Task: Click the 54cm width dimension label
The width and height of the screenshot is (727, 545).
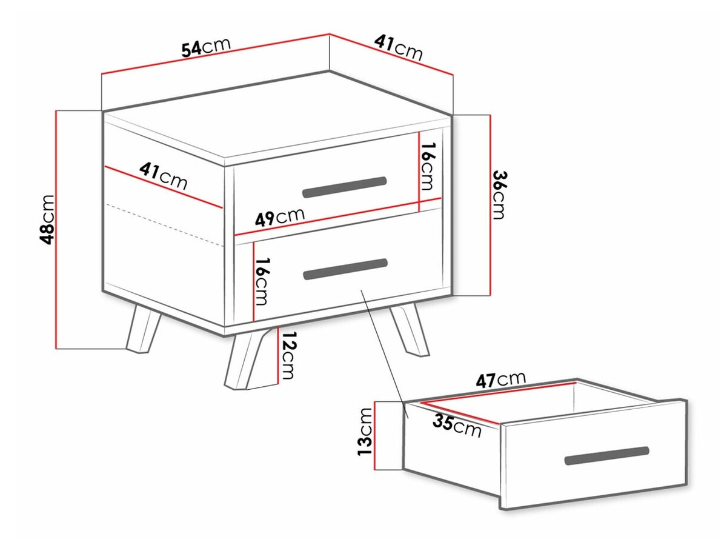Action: [x=205, y=47]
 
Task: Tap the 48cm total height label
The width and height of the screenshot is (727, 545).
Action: [x=47, y=220]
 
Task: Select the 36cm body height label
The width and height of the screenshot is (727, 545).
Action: [x=499, y=195]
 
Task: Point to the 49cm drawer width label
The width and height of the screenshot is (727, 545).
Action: [x=279, y=216]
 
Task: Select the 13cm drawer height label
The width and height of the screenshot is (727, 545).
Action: [x=365, y=432]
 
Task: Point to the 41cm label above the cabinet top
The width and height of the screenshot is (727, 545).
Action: [x=399, y=48]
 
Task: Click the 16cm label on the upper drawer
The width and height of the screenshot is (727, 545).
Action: [x=427, y=166]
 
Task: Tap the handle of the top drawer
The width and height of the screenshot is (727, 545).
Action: [x=345, y=187]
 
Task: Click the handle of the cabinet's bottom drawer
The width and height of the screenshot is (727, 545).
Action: [x=345, y=269]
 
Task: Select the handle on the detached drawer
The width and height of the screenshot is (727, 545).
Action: [x=607, y=455]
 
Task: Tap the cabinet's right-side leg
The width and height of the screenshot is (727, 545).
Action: [x=409, y=330]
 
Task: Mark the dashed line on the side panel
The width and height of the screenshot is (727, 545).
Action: [x=164, y=225]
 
